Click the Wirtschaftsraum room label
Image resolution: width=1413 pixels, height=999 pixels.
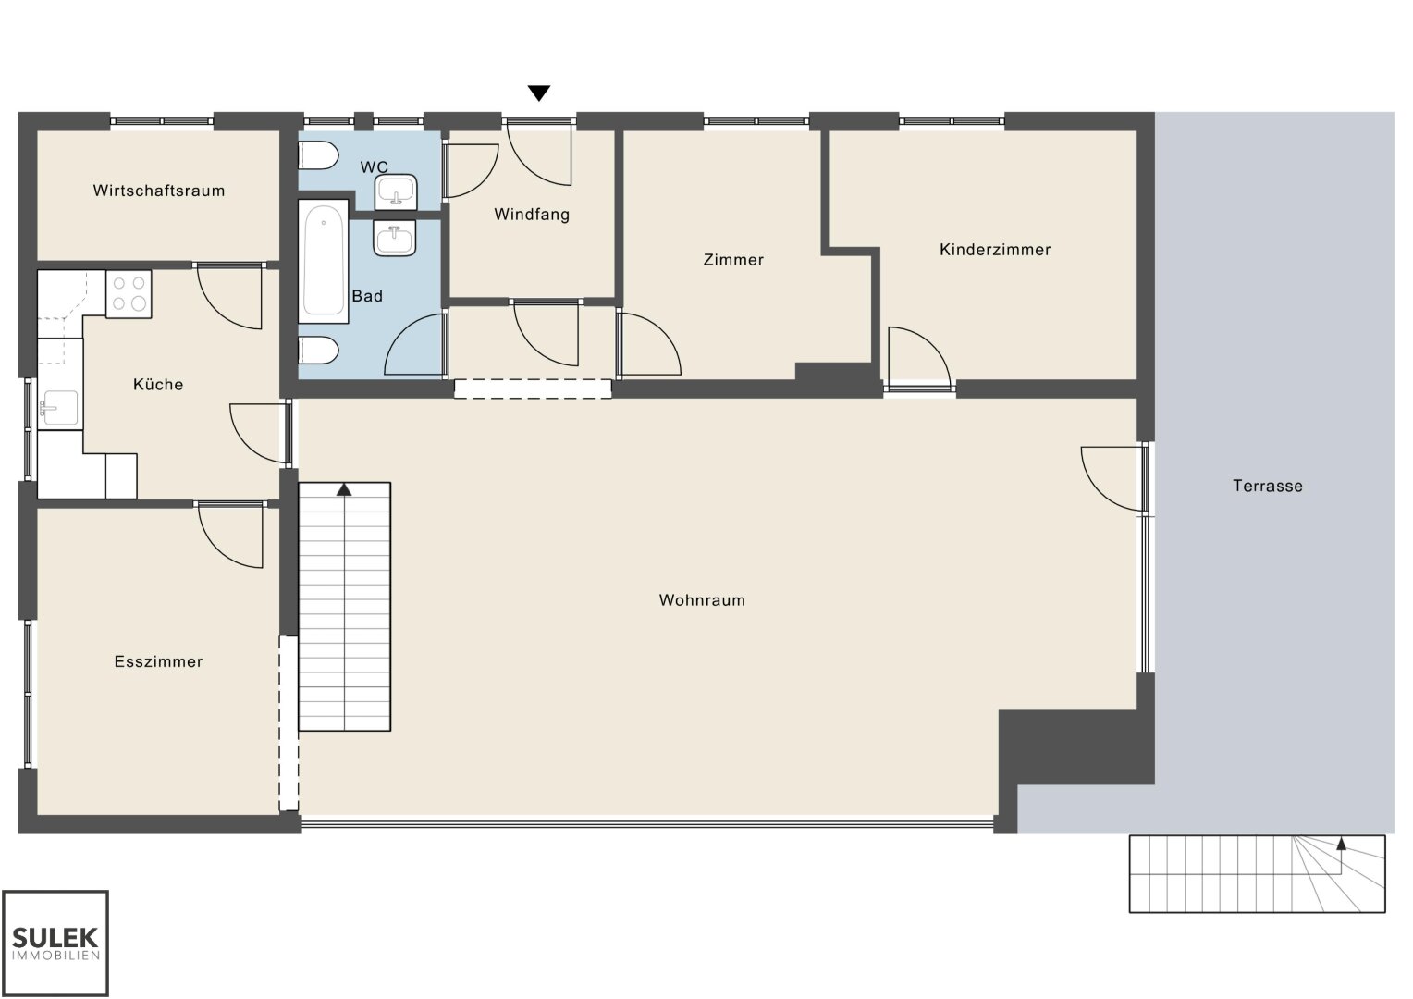click(x=159, y=191)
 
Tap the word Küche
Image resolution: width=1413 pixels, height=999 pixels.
click(x=158, y=384)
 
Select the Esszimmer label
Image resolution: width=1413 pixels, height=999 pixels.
click(x=158, y=661)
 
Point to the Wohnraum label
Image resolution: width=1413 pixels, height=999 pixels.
click(x=702, y=600)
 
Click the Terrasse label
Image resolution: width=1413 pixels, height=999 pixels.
click(x=1268, y=486)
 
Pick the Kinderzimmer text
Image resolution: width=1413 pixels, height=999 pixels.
click(x=995, y=250)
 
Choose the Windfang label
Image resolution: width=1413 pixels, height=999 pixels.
click(x=532, y=215)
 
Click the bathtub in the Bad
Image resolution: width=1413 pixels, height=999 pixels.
click(x=323, y=261)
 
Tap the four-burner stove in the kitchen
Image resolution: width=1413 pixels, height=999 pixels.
click(x=129, y=294)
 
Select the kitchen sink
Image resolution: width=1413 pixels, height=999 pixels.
click(x=60, y=408)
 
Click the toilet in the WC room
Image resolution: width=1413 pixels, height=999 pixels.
click(x=318, y=155)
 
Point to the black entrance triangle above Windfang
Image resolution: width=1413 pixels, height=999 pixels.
click(x=539, y=93)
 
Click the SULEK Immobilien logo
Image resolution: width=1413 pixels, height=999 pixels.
click(x=55, y=943)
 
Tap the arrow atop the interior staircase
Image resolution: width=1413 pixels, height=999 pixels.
click(x=344, y=489)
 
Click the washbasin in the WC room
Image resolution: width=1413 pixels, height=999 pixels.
click(x=396, y=191)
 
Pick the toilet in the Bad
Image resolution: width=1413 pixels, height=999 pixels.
click(x=318, y=351)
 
